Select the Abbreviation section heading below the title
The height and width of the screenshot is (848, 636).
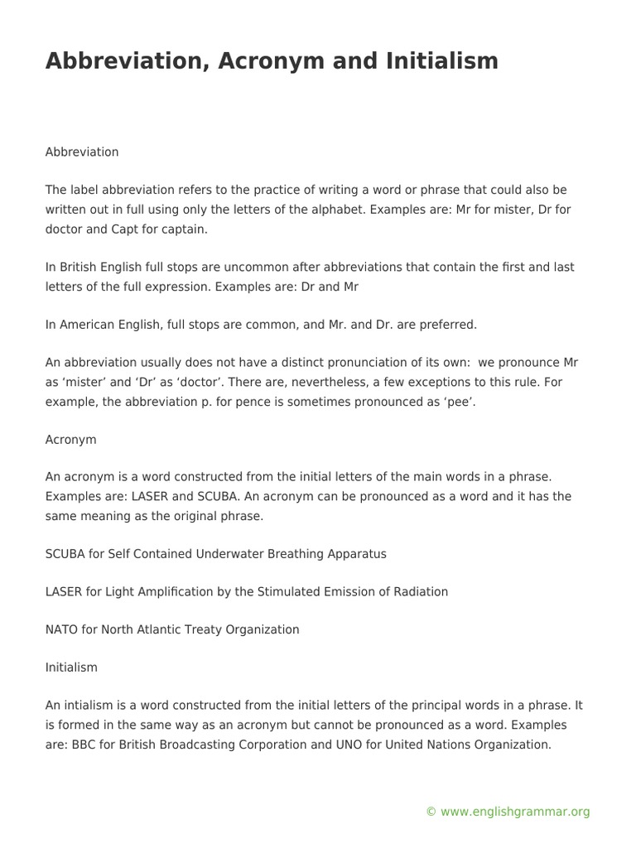[82, 152]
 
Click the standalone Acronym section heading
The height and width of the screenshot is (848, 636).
[70, 440]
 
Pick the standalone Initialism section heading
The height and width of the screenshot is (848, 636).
[71, 667]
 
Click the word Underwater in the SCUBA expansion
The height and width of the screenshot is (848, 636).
[239, 553]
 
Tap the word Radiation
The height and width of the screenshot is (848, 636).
[420, 591]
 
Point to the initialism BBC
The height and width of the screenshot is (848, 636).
[82, 744]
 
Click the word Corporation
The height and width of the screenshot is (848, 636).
[300, 744]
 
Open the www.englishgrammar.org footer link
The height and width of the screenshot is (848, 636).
[515, 812]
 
